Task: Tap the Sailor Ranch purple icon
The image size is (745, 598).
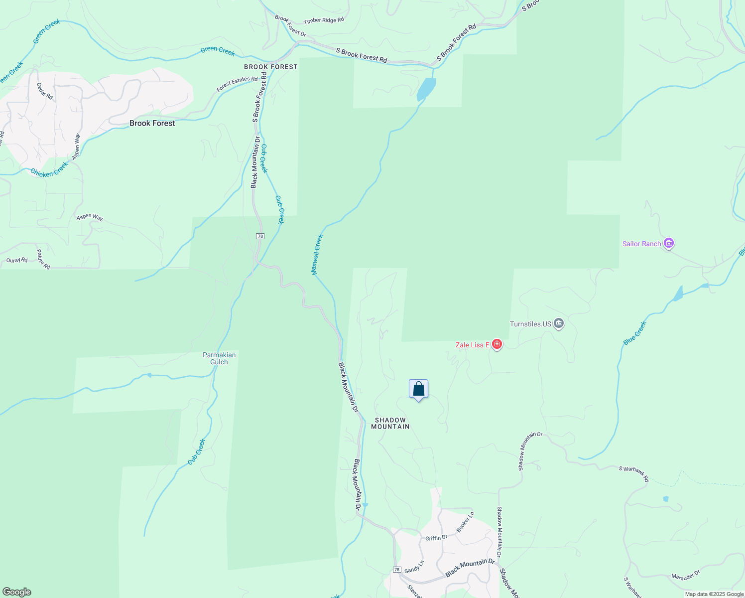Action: [669, 244]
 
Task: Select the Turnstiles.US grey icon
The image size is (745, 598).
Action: [559, 324]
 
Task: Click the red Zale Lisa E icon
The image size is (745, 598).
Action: [497, 344]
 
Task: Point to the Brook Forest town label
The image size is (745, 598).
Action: [152, 123]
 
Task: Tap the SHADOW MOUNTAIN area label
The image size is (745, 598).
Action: [390, 423]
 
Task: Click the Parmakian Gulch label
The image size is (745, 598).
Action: [219, 358]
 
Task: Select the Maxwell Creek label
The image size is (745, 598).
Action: [317, 255]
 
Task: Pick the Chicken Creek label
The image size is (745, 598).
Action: [49, 169]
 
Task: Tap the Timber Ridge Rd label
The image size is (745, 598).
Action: [324, 20]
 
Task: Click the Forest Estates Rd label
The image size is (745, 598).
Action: [237, 84]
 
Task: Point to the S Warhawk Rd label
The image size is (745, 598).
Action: [634, 473]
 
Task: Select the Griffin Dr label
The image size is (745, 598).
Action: [436, 538]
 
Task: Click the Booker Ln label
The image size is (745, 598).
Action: [466, 521]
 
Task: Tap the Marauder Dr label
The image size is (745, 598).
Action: [685, 574]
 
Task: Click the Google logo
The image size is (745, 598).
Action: [16, 592]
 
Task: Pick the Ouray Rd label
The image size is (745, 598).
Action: [17, 260]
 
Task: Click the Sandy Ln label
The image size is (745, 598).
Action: [414, 567]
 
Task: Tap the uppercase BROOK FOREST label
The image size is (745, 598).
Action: [270, 67]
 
